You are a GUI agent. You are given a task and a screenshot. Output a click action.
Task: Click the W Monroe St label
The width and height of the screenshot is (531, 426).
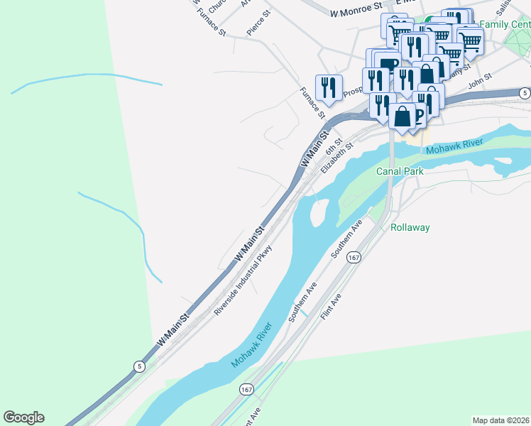click(356, 12)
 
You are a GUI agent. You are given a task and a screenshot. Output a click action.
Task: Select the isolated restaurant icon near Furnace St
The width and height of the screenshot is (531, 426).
click(329, 87)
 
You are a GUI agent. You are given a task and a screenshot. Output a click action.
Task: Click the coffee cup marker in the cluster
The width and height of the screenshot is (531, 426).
click(384, 64)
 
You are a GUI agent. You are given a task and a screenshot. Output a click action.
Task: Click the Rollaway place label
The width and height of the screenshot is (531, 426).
click(410, 228)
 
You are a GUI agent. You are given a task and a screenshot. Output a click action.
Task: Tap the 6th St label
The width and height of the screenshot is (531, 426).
click(334, 148)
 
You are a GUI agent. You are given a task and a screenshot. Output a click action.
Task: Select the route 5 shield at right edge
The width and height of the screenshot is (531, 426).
click(524, 93)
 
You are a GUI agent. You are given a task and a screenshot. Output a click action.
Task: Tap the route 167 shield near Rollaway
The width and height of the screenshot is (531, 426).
click(353, 258)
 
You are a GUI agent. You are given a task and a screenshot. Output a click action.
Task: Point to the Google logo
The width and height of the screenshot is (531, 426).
click(23, 417)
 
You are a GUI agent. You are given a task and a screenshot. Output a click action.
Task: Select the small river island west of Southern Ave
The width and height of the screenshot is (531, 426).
click(319, 210)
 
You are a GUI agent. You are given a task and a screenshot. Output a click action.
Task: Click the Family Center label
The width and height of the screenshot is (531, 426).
click(504, 24)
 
